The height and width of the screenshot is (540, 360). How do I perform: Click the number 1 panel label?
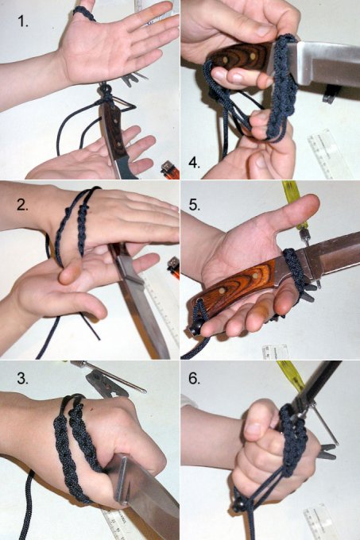coord(23,22)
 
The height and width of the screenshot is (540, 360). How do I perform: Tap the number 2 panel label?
coord(22,205)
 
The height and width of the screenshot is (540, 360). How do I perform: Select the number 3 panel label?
coord(23,379)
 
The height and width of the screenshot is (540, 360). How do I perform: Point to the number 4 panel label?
coord(194,163)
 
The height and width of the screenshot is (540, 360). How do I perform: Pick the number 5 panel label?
coord(194,205)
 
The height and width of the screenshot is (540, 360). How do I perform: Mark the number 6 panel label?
coord(194,379)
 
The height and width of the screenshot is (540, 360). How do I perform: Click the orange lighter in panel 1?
coord(170,170)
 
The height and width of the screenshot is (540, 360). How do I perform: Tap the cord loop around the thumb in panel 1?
coord(84,13)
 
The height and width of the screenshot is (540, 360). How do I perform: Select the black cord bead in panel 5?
coord(196,330)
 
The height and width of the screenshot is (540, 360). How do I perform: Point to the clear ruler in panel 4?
coord(323,152)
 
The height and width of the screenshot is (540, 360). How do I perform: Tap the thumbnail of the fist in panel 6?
coord(254,430)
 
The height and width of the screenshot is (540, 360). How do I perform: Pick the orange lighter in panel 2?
coord(173,268)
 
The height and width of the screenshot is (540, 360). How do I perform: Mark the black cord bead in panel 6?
coord(241,506)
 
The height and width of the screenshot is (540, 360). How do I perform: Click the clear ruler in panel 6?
coord(319,523)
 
